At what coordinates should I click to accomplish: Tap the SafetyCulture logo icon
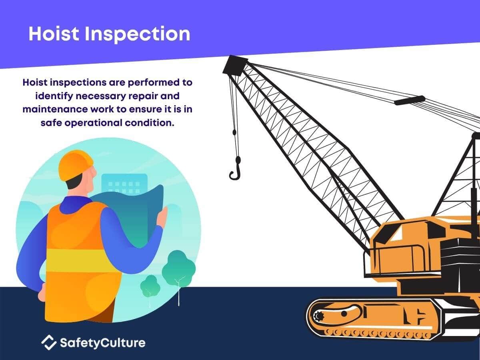tap(49, 342)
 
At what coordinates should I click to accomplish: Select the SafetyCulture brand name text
tap(102, 343)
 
